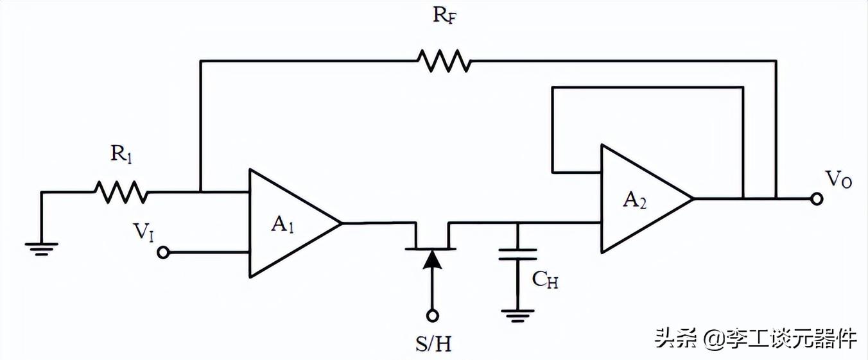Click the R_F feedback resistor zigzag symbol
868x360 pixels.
444,61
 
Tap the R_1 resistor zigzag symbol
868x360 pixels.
121,191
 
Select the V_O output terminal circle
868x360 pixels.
817,199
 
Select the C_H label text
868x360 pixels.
544,279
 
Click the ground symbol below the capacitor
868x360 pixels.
519,314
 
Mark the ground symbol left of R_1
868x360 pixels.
42,248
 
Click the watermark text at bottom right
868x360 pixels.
755,338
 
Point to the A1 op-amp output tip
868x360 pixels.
341,223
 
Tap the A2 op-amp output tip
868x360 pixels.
693,199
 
